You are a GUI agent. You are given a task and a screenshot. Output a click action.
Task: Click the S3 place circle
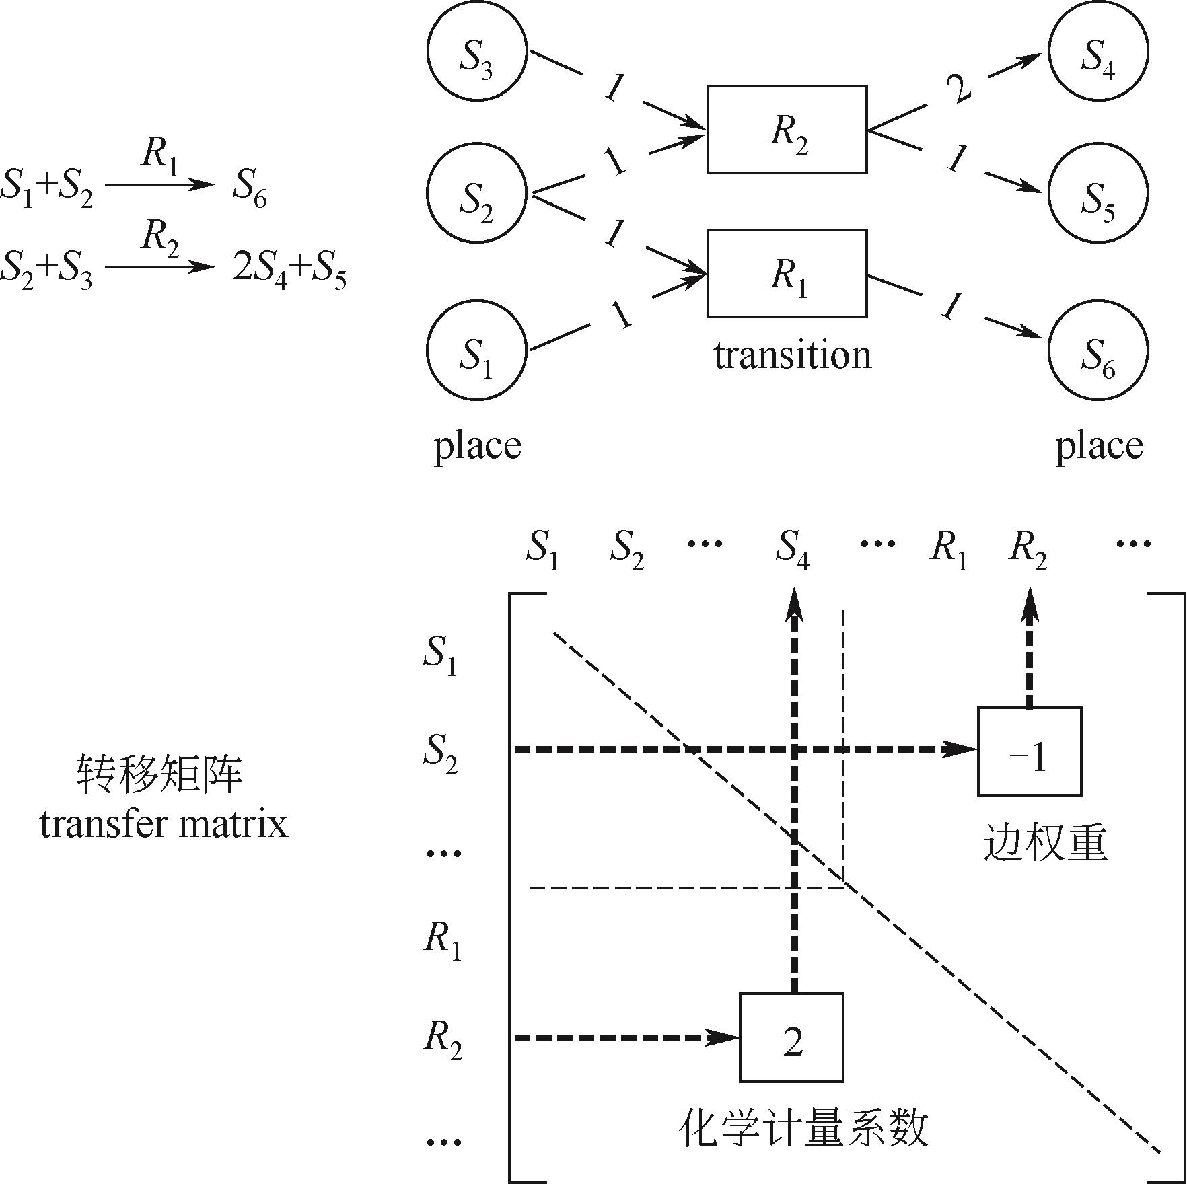pos(476,51)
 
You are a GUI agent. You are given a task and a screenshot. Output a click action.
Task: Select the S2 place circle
pos(476,194)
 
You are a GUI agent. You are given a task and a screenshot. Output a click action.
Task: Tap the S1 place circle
pos(476,350)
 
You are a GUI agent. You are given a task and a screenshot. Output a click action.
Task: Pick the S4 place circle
pos(1099,51)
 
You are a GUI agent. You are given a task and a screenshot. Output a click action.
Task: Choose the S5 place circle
pos(1099,194)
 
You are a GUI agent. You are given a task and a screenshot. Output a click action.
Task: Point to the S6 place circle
pos(1099,350)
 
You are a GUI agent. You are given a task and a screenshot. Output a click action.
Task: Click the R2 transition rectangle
pos(787,129)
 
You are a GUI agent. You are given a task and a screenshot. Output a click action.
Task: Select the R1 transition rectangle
pos(787,273)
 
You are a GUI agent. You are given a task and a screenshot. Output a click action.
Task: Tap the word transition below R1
pos(792,355)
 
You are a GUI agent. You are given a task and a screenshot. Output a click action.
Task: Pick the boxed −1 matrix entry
pos(1029,751)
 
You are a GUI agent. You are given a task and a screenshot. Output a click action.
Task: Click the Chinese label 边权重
pos(1044,842)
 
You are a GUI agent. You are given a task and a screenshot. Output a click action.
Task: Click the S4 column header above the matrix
pos(792,548)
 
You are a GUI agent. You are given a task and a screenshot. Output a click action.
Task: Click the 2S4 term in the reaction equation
pos(260,269)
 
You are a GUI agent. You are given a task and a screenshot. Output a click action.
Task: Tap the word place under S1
pos(477,445)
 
